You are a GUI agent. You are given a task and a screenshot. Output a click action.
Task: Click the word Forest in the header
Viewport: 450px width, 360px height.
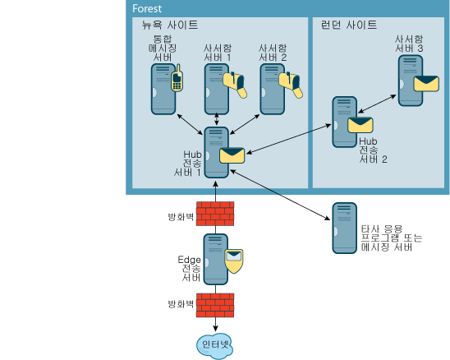click(x=147, y=8)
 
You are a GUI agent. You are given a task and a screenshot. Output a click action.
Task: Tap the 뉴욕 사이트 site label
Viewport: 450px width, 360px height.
click(x=170, y=25)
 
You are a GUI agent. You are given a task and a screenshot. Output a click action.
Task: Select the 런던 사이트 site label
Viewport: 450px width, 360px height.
click(x=349, y=25)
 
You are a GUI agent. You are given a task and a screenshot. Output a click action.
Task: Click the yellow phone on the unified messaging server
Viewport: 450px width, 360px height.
click(x=177, y=78)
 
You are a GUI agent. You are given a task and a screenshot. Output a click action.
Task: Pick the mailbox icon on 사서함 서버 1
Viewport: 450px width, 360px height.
click(x=236, y=85)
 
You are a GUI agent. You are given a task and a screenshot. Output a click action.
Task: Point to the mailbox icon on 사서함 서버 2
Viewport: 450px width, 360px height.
click(x=291, y=85)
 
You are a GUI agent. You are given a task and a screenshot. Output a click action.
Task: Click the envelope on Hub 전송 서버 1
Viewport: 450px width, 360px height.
click(x=232, y=155)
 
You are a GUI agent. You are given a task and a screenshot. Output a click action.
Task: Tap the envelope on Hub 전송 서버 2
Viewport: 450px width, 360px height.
click(x=360, y=125)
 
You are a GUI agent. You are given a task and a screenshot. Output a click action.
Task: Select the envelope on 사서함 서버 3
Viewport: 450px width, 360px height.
click(x=426, y=84)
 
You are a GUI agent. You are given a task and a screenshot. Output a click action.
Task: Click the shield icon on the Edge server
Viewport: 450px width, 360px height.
click(x=234, y=261)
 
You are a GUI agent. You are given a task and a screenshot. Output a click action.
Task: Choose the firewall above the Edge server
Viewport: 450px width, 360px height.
click(x=215, y=214)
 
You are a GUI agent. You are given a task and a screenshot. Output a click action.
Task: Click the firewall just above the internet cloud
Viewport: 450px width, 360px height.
click(x=215, y=305)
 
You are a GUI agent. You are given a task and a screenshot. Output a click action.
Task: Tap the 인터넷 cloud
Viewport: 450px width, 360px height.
click(x=215, y=346)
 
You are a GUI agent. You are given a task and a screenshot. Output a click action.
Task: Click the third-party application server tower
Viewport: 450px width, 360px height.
click(x=344, y=228)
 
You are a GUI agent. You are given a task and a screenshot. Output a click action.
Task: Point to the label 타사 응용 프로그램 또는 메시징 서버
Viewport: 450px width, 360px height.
click(x=392, y=238)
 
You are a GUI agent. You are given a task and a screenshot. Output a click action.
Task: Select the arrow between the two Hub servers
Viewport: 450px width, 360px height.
click(x=289, y=139)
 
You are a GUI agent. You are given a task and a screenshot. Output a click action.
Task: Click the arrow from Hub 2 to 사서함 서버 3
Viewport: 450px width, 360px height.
click(x=377, y=104)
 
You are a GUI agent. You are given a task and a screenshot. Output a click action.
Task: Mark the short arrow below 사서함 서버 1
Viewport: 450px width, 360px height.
click(x=217, y=119)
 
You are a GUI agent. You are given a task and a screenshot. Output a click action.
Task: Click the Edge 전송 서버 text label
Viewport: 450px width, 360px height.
click(x=189, y=268)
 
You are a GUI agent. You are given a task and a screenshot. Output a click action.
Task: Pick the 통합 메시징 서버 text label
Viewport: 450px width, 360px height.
click(x=163, y=48)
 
